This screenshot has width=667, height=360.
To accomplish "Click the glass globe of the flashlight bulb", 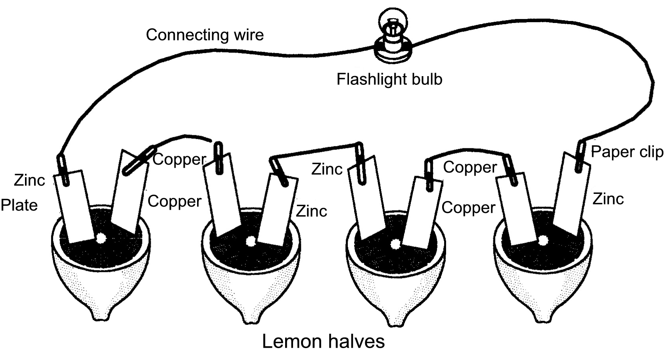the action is [393, 21].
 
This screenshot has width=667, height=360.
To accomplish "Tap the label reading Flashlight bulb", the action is [389, 79].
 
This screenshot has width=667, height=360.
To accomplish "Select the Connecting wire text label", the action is [205, 35].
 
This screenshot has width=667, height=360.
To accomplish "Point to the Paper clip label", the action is [627, 152].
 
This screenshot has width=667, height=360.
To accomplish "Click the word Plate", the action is [19, 205].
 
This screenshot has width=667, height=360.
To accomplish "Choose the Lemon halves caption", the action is [323, 341].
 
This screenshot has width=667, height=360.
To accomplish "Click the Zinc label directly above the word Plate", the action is [29, 180].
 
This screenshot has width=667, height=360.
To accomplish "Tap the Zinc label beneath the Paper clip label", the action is [608, 199].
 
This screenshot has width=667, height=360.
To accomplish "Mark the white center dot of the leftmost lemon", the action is [101, 237].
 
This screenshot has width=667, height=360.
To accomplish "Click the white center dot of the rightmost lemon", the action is [543, 240].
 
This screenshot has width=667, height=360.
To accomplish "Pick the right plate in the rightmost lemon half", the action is [571, 193].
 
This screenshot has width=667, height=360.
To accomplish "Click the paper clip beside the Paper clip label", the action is [580, 156].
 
